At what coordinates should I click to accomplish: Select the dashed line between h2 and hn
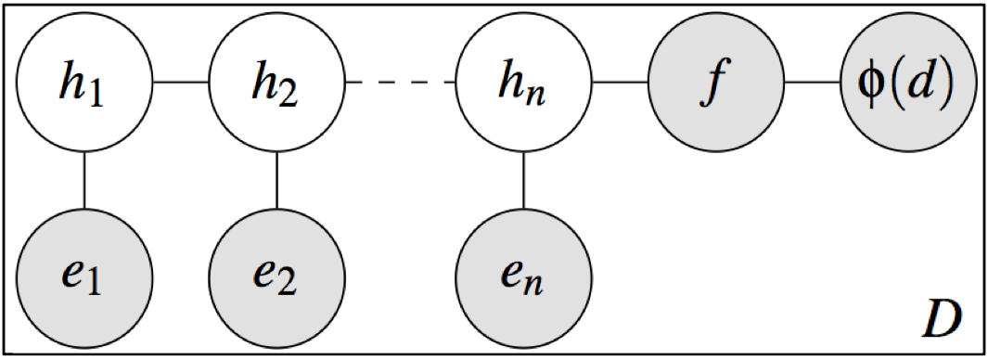[401, 84]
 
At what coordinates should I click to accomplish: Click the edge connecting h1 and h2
[181, 84]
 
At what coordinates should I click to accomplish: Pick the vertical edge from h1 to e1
[84, 180]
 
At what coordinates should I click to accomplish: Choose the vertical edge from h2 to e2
[277, 180]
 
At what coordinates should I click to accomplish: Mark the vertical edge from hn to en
[525, 180]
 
